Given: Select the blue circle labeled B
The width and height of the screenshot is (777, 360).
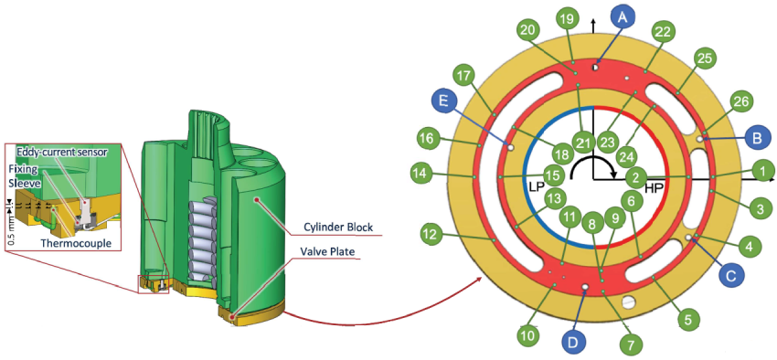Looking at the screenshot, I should (756, 139).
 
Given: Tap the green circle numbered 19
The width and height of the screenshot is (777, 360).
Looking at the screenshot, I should (567, 18).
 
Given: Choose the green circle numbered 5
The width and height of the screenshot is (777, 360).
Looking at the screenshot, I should (687, 320).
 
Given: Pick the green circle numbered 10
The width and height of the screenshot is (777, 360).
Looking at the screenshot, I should (527, 335).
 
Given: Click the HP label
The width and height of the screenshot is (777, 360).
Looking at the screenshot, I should (655, 187).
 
